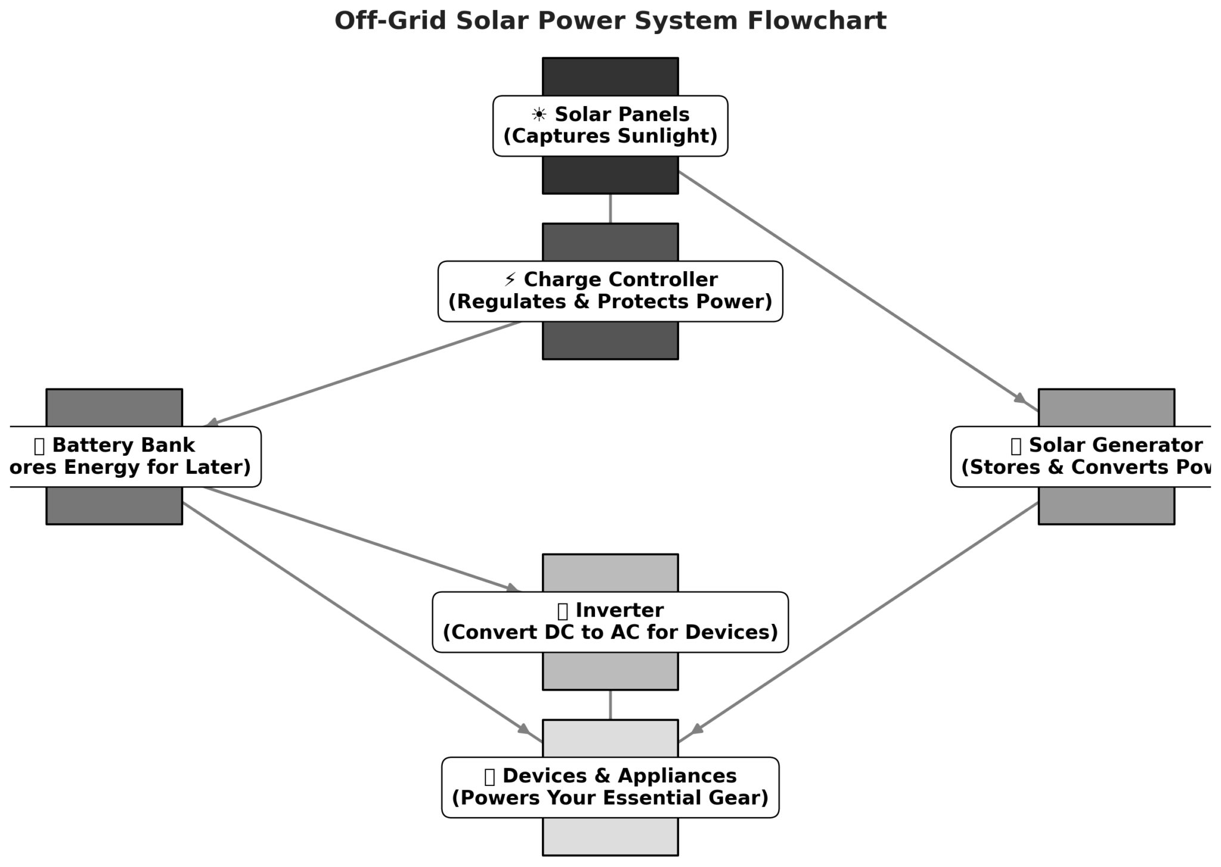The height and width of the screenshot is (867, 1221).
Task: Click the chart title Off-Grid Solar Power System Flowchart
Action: [610, 21]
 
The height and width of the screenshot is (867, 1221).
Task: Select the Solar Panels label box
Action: [610, 126]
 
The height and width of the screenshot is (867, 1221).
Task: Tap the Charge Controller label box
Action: [610, 291]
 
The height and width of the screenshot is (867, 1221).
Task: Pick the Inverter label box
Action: [610, 622]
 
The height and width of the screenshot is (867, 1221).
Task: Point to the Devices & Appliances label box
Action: [610, 787]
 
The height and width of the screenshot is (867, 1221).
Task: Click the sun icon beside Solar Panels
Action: [538, 114]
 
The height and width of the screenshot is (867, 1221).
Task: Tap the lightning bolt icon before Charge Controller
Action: [510, 279]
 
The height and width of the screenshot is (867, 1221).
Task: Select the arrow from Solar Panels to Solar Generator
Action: [853, 288]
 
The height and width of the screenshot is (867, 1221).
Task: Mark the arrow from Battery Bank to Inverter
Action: [361, 539]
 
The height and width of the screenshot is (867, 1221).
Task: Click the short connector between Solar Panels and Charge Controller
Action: [610, 209]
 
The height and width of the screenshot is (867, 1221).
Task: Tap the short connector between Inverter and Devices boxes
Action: [610, 705]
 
